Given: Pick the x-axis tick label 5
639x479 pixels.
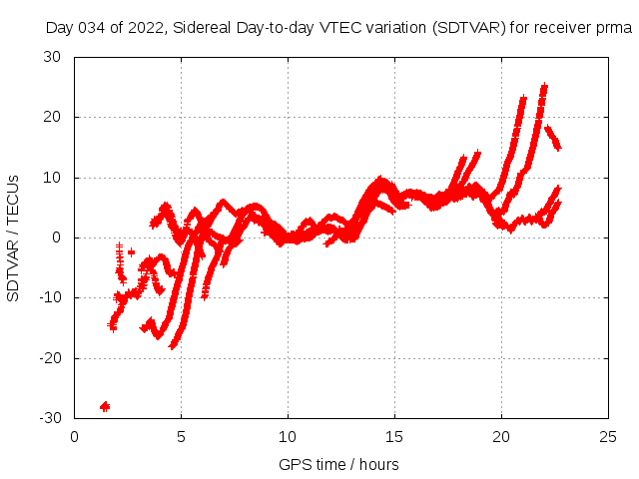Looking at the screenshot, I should click(x=181, y=436).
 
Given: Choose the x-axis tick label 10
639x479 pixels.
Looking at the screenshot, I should click(x=288, y=436).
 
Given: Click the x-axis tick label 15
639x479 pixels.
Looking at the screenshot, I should click(x=394, y=436).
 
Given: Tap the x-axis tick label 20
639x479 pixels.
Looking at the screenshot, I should click(x=501, y=436).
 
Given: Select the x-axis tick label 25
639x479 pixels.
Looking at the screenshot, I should click(x=608, y=436).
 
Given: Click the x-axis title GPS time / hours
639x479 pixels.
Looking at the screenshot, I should click(x=339, y=464).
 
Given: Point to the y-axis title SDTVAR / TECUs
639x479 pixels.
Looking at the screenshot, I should click(x=13, y=238).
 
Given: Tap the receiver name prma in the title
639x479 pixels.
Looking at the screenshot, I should click(x=615, y=28).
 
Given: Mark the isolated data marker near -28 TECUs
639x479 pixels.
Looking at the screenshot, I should click(x=104, y=406).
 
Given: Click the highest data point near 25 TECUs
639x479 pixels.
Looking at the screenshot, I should click(x=544, y=87).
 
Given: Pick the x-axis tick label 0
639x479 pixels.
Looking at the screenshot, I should click(x=74, y=436).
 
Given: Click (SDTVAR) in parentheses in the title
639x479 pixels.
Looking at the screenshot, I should click(x=468, y=28).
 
